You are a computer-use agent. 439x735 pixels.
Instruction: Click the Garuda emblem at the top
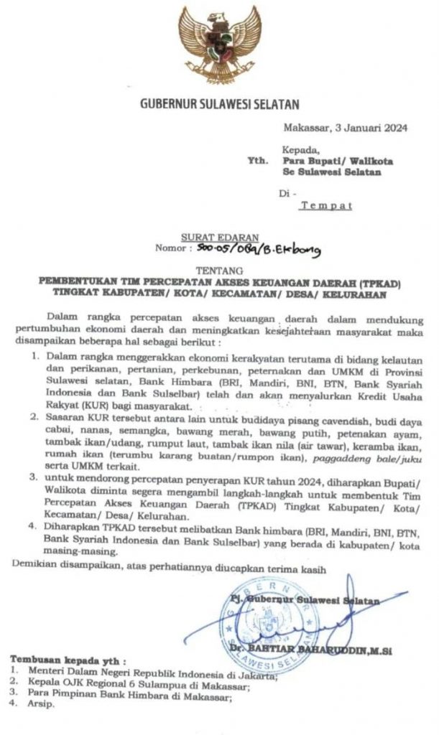220,45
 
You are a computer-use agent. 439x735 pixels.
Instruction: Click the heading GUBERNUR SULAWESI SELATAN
219,106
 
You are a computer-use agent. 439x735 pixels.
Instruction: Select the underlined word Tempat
325,206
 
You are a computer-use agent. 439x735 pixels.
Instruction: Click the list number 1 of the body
34,356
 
